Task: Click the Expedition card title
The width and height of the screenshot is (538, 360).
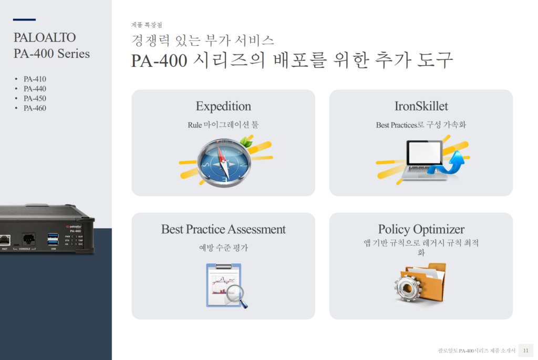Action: (x=223, y=106)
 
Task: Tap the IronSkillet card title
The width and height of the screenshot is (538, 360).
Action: (x=421, y=106)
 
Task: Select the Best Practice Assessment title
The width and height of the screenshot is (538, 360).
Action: (x=223, y=229)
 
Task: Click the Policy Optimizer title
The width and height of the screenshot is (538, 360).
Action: (x=421, y=229)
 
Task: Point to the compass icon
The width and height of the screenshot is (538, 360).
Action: (x=224, y=163)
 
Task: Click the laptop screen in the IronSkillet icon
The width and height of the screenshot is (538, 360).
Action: (x=424, y=153)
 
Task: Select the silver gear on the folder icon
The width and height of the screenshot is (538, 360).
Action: (x=408, y=289)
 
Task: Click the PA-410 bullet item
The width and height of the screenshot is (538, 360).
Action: (x=35, y=79)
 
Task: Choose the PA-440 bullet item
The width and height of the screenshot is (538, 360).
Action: (x=35, y=88)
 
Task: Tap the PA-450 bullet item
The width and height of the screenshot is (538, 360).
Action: (x=35, y=98)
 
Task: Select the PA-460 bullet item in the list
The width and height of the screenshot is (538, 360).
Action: (x=35, y=108)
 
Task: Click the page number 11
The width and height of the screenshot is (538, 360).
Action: (x=525, y=351)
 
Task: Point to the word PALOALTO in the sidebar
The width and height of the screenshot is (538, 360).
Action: (x=45, y=37)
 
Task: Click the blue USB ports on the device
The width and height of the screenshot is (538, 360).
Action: (x=53, y=240)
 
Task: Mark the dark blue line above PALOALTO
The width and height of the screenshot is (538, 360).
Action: (x=24, y=19)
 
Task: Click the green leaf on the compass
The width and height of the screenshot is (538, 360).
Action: (x=246, y=141)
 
